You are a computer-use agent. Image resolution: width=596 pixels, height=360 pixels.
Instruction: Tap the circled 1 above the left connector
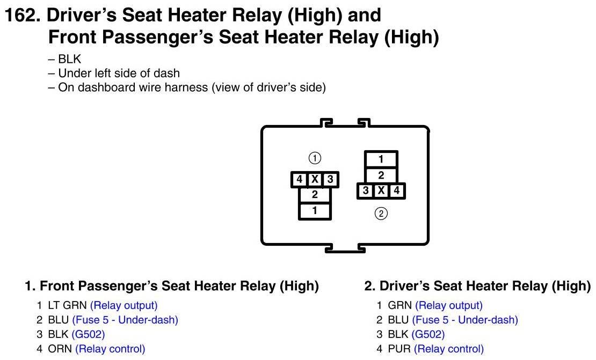coord(315,158)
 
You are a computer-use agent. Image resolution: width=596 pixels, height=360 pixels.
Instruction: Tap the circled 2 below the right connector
coord(381,214)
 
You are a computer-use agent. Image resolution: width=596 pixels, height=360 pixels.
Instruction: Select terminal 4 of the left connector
coord(300,179)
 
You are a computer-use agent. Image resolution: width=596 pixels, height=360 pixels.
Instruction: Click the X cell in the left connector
coord(315,179)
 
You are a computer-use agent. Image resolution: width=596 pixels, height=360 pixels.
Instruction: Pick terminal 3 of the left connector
coord(330,179)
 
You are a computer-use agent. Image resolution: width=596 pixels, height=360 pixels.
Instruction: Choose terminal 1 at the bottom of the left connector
coord(315,211)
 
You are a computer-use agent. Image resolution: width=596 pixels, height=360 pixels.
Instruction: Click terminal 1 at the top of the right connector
coord(381,159)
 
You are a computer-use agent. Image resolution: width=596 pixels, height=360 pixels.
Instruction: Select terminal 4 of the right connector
coord(396,190)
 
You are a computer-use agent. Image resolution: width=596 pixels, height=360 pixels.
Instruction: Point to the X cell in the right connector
coord(381,190)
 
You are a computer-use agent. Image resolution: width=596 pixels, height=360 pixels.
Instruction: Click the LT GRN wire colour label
coord(67,305)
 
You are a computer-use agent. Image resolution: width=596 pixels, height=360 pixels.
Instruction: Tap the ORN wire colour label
coord(60,349)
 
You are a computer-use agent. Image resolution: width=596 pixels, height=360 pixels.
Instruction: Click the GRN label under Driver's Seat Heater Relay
coord(399,305)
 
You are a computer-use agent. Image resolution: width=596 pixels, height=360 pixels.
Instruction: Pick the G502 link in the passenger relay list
coord(88,334)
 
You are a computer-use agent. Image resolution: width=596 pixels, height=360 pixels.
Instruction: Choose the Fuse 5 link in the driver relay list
coord(465,320)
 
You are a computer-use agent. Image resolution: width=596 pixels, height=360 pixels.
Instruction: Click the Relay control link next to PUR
coord(449,349)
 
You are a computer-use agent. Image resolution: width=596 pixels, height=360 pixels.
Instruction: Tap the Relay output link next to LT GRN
coord(123,305)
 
